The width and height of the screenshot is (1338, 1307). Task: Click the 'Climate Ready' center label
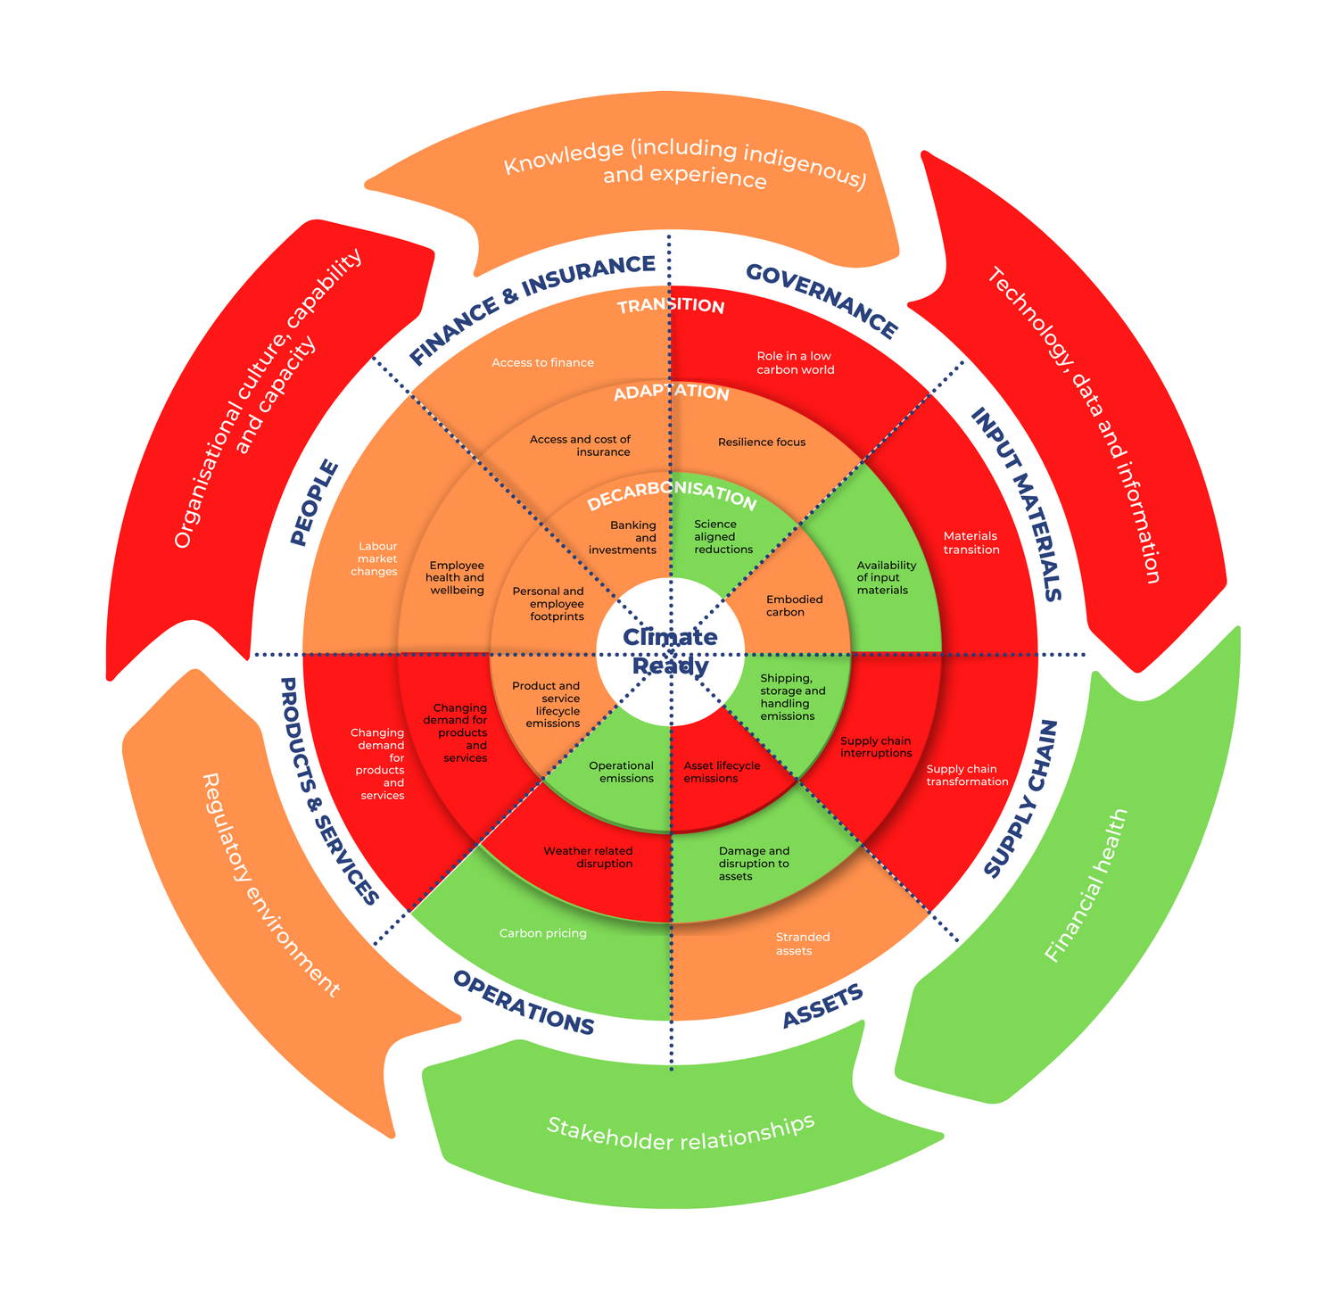(x=670, y=651)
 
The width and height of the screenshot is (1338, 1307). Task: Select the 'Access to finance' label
(x=542, y=363)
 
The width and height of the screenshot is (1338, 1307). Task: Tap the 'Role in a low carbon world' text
(x=795, y=363)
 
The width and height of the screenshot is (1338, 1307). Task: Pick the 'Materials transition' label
(x=971, y=543)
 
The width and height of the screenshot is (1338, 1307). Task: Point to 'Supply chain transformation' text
(x=966, y=775)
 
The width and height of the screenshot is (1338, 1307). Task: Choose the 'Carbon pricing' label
(x=542, y=934)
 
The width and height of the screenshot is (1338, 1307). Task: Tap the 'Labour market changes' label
(x=376, y=559)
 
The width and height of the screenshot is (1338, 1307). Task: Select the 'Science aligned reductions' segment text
(x=723, y=537)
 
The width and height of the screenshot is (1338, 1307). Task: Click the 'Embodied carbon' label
(x=793, y=606)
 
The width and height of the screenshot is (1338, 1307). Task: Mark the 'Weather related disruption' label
(x=589, y=857)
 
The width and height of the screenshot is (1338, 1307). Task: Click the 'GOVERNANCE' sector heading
(x=821, y=301)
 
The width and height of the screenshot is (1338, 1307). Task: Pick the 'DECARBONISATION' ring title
(x=672, y=496)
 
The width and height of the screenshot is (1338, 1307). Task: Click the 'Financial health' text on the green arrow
(x=1086, y=886)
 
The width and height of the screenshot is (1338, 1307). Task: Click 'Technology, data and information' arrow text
(x=1074, y=426)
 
